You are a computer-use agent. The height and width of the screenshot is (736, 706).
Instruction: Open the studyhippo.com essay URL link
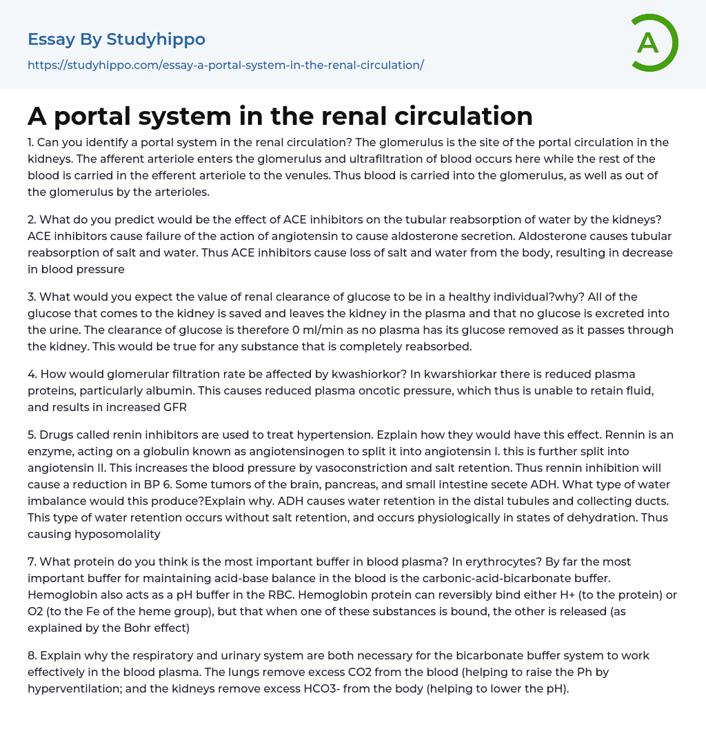(x=225, y=65)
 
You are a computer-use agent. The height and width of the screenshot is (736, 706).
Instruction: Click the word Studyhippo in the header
(x=156, y=39)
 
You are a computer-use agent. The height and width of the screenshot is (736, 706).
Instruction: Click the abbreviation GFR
(x=175, y=408)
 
